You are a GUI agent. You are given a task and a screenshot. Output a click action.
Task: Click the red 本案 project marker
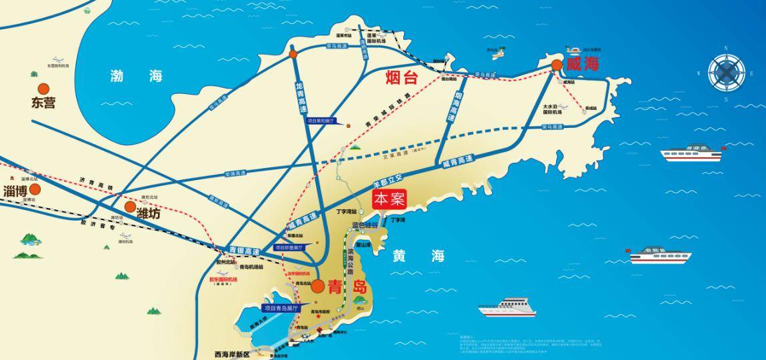click(390, 200)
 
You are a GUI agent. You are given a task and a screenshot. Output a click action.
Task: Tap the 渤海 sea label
click(137, 76)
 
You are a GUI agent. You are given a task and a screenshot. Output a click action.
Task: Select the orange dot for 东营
click(44, 88)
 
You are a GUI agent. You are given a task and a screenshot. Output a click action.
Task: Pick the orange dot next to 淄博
click(35, 189)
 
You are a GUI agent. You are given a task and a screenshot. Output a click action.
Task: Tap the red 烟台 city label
click(401, 78)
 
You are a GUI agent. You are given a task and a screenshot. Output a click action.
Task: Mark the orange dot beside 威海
click(556, 65)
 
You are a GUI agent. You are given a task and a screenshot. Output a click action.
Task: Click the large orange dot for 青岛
click(318, 287)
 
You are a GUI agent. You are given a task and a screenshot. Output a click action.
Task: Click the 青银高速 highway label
click(244, 251)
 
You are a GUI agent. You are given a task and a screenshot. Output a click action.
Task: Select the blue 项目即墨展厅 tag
click(288, 247)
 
